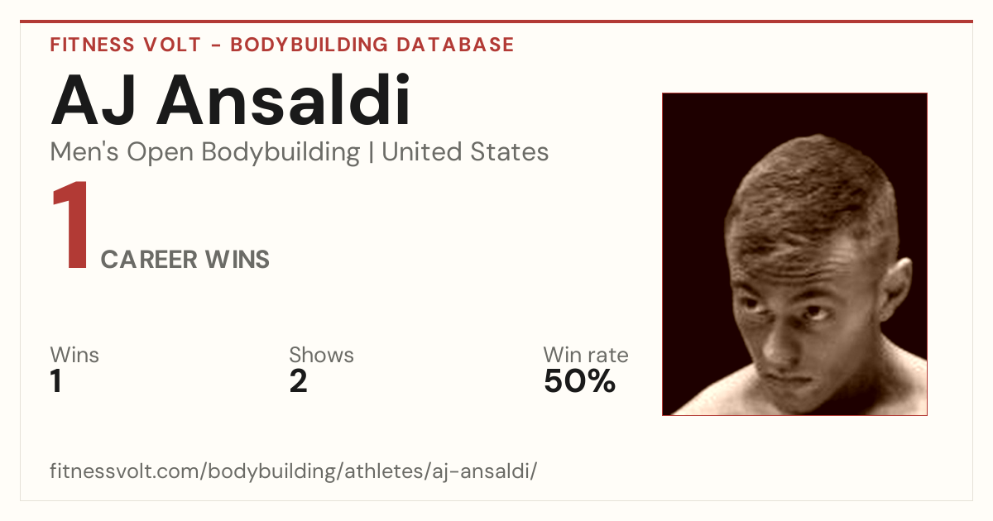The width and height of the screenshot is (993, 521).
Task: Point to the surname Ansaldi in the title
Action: (283, 99)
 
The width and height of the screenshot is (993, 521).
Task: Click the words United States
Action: (465, 152)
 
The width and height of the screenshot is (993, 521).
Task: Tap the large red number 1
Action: (71, 224)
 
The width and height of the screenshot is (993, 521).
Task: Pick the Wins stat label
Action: (74, 355)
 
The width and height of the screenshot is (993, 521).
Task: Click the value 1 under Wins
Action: (56, 381)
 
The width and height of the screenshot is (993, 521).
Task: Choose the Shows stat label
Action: (321, 355)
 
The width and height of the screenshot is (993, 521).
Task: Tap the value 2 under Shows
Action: (298, 381)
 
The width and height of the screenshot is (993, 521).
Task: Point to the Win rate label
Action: (586, 355)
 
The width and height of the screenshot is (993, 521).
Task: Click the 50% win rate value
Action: (579, 381)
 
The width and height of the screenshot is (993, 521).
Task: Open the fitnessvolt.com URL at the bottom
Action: (293, 471)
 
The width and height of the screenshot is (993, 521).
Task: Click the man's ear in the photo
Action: (895, 287)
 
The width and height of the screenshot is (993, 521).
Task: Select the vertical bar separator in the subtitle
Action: (371, 152)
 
